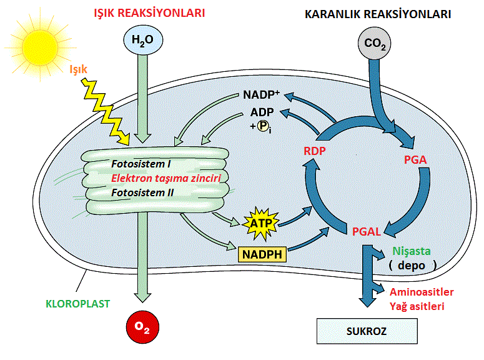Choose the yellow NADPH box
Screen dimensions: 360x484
point(260,254)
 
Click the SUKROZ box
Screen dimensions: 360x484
point(367,331)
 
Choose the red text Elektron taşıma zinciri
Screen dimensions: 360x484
point(166,178)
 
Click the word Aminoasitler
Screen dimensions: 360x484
point(422,292)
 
